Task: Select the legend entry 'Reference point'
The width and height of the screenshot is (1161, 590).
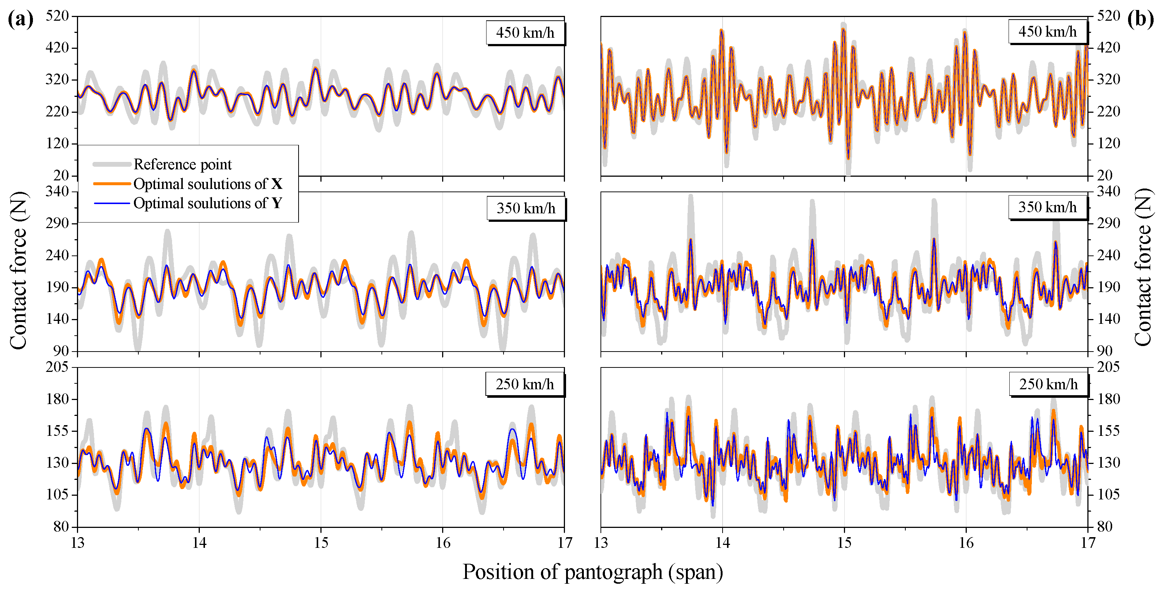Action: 182,165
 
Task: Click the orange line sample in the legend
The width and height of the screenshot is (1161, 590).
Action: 112,184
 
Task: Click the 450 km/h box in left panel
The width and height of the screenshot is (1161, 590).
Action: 525,33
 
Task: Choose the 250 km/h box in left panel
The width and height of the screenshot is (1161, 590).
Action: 525,384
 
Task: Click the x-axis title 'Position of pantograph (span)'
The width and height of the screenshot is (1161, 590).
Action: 593,572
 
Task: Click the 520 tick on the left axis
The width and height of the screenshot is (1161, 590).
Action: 57,16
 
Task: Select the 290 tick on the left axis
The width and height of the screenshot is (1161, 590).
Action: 57,223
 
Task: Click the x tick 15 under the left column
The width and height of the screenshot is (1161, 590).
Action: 321,543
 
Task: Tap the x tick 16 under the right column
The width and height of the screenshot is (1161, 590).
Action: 966,543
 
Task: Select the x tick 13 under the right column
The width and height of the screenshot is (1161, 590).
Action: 601,543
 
